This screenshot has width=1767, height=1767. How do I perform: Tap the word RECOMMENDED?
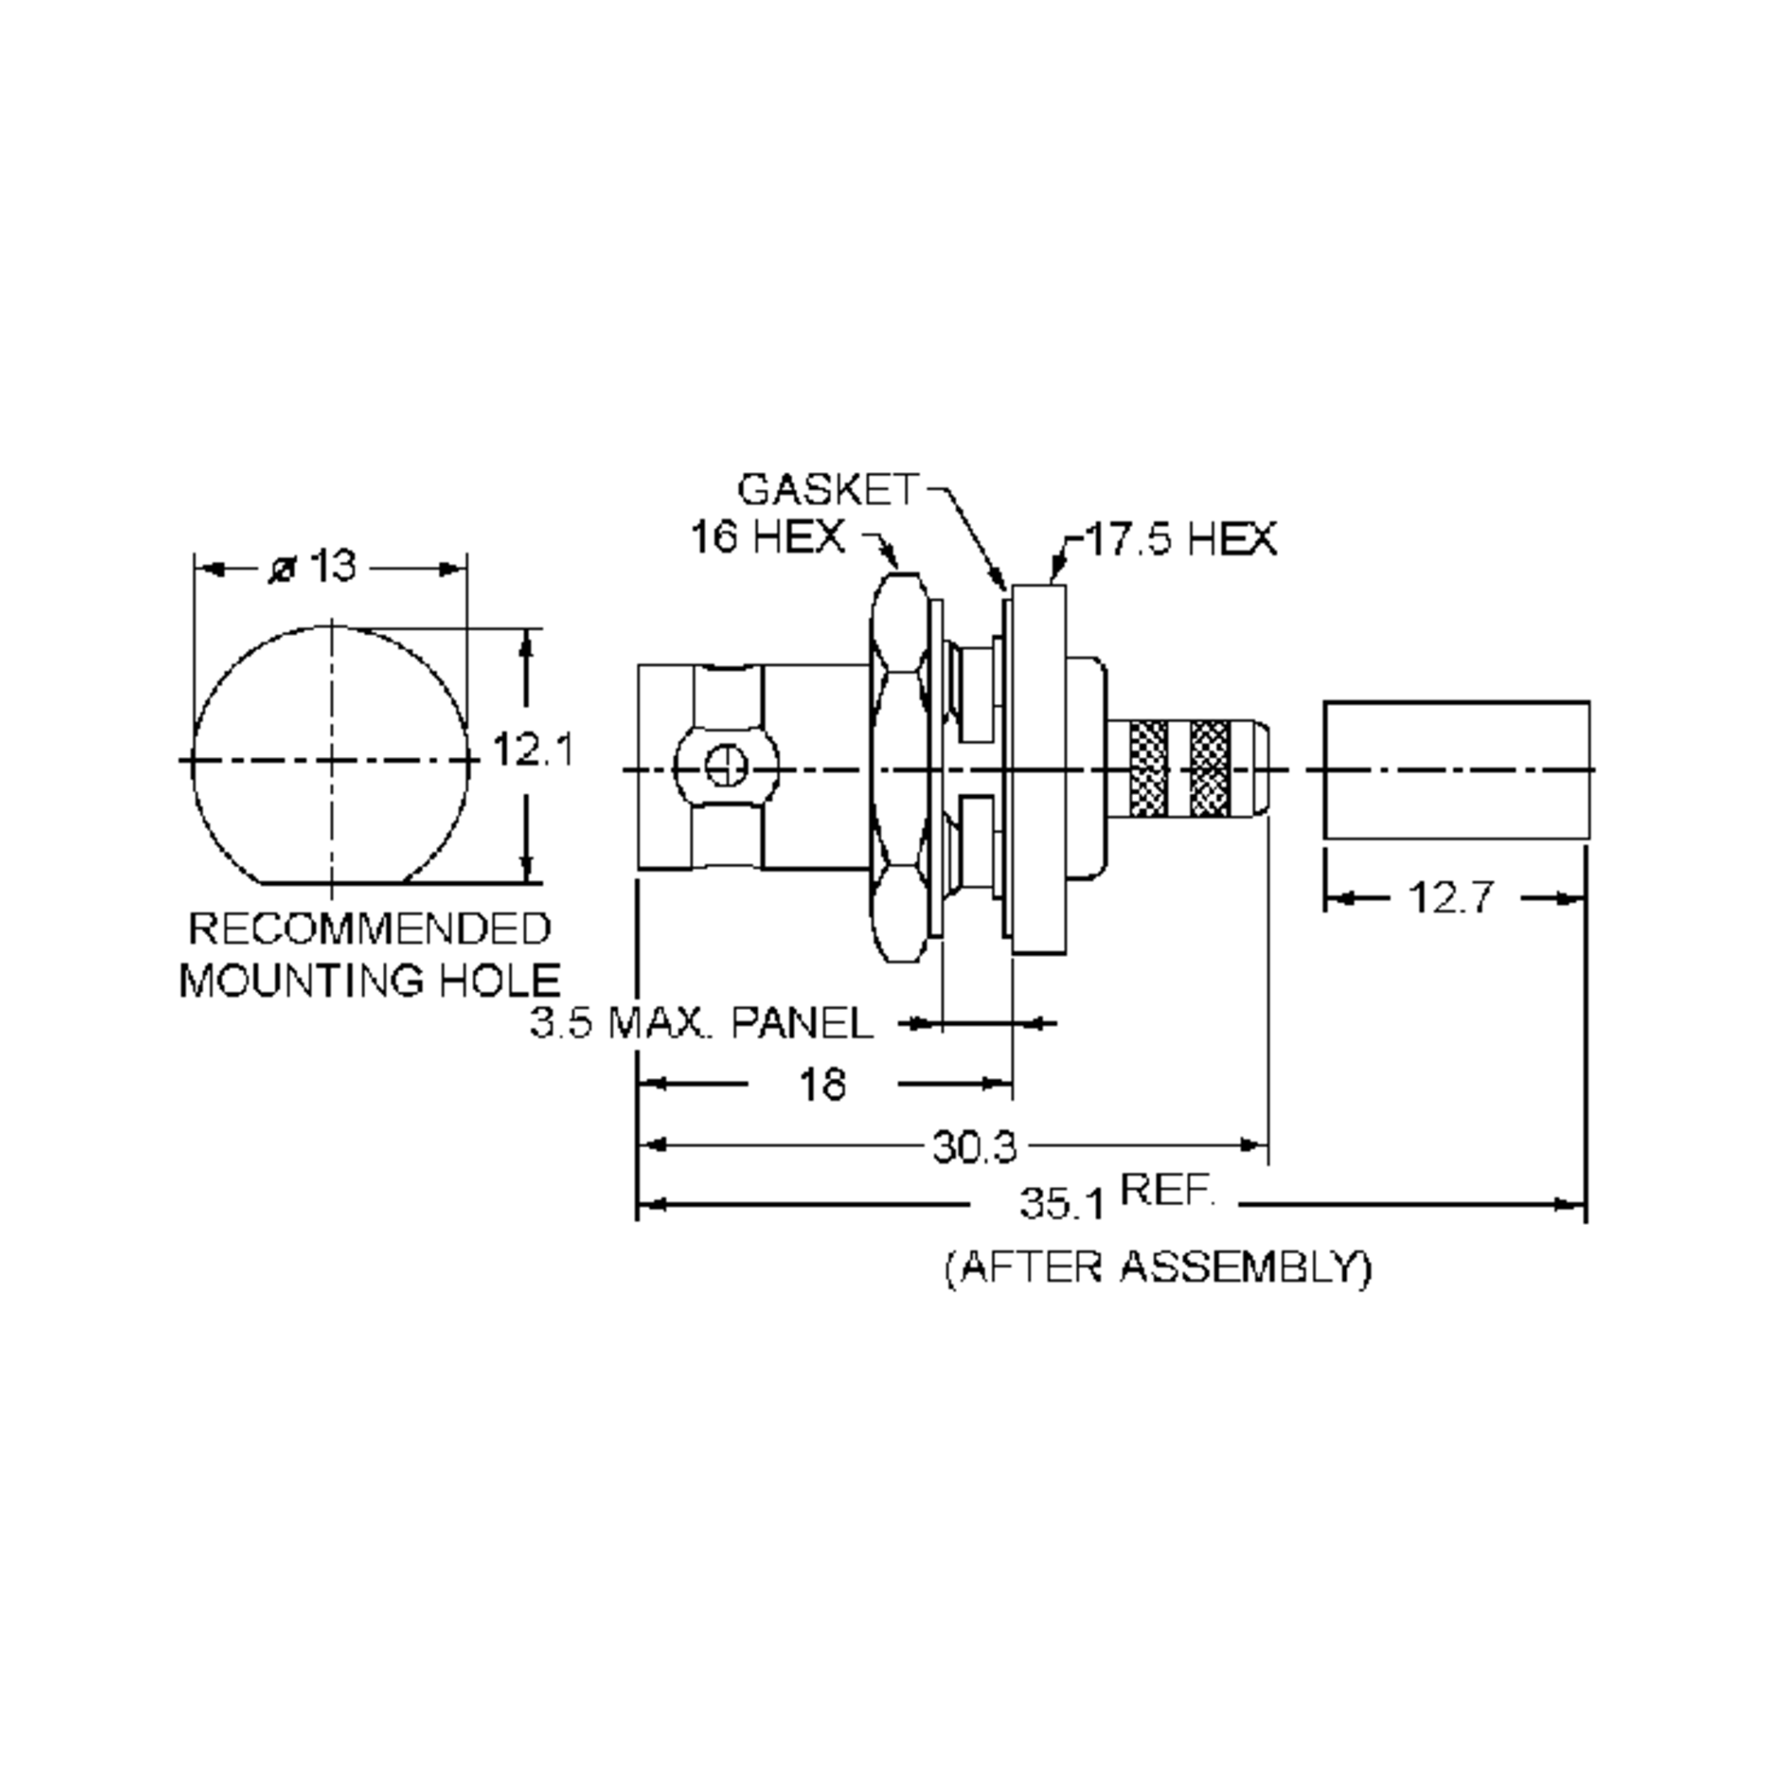tap(370, 928)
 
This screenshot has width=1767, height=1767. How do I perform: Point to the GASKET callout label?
tap(826, 490)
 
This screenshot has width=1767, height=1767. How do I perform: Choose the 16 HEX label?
tap(767, 536)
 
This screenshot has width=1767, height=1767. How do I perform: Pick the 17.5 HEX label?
tap(1179, 539)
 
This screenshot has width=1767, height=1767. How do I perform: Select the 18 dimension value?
tap(822, 1084)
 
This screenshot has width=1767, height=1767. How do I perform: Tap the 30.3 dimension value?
tap(974, 1146)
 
